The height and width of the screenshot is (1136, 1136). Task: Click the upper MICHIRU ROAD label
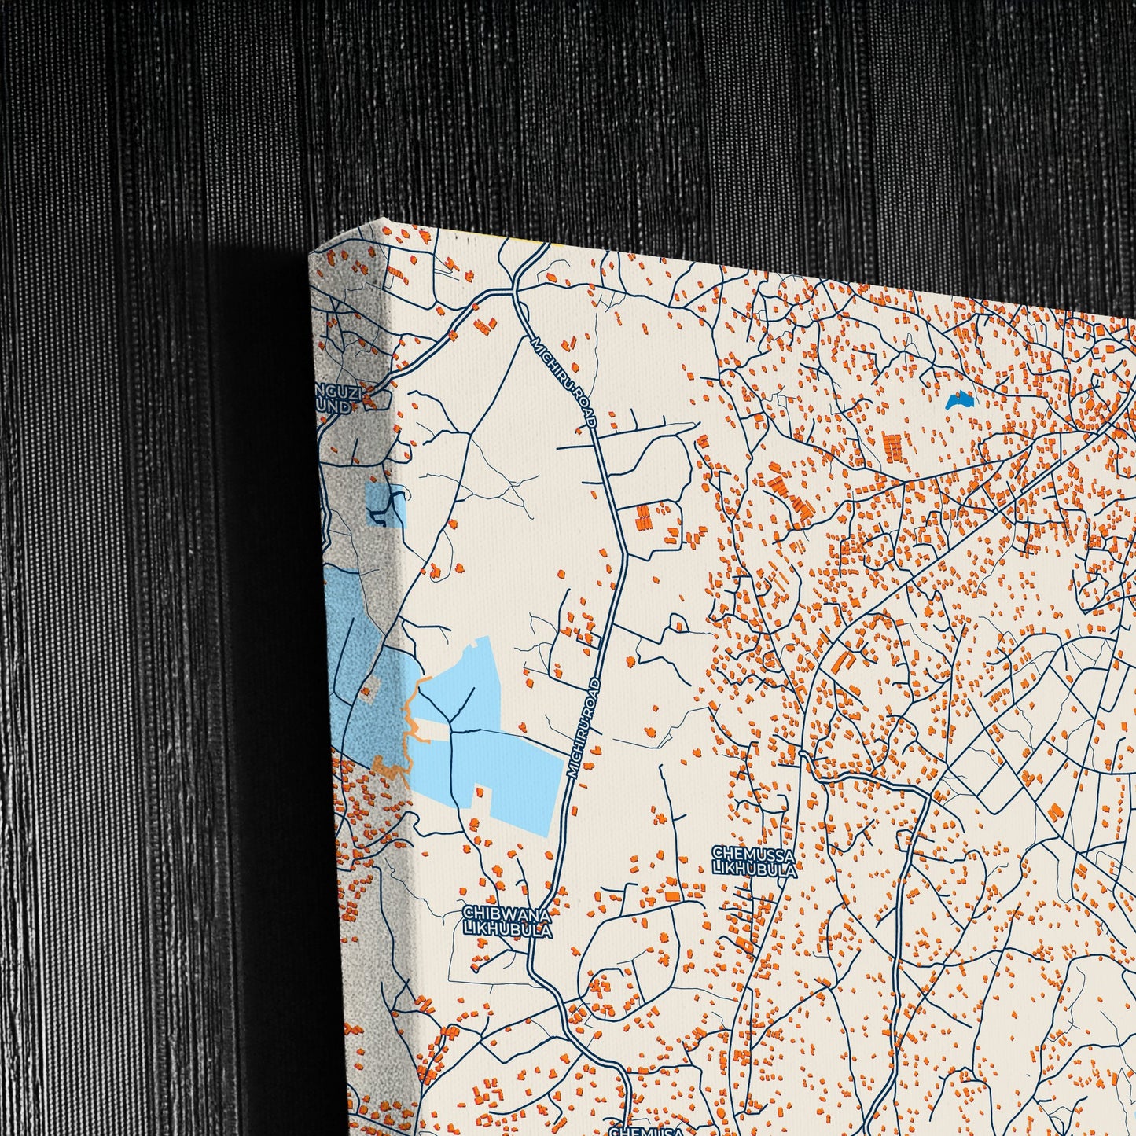(x=563, y=382)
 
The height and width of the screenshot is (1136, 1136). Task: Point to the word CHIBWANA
(x=506, y=913)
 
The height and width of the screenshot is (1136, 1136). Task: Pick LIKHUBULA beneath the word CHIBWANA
(x=508, y=929)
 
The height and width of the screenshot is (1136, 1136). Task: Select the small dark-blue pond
(x=960, y=401)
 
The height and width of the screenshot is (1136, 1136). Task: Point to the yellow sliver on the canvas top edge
(x=550, y=244)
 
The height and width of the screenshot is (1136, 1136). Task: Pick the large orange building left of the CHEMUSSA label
(x=672, y=895)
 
